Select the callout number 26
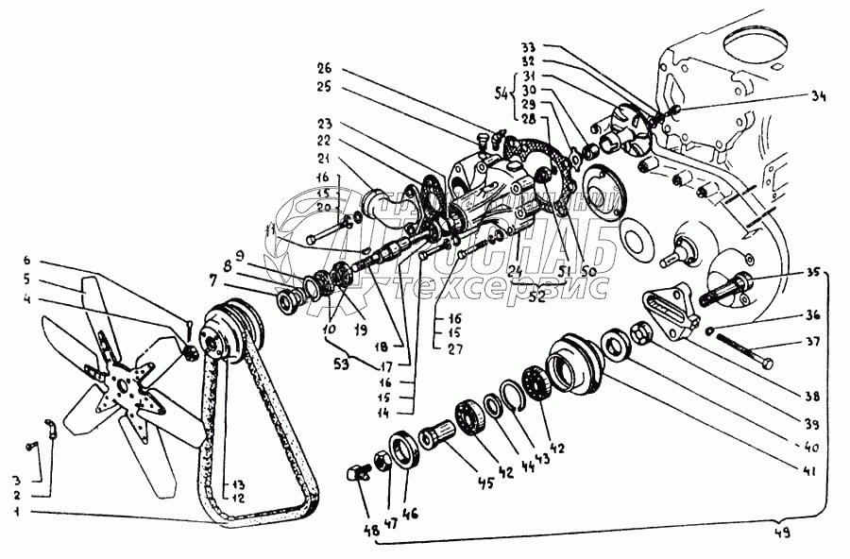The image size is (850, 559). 325,68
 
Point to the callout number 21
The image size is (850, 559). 325,158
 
